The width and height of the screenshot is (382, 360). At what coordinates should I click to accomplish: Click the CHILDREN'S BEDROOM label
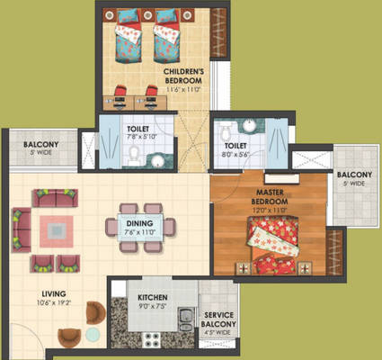pyautogui.click(x=184, y=75)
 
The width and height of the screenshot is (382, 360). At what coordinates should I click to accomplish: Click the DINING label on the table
pyautogui.click(x=138, y=222)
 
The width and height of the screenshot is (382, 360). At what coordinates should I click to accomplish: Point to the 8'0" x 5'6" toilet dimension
pyautogui.click(x=236, y=154)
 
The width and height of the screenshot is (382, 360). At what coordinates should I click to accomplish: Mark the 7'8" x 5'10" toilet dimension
pyautogui.click(x=138, y=139)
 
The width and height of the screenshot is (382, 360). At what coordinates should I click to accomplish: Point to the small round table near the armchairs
pyautogui.click(x=93, y=334)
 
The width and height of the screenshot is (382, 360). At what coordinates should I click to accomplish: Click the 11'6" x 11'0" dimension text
pyautogui.click(x=183, y=89)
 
